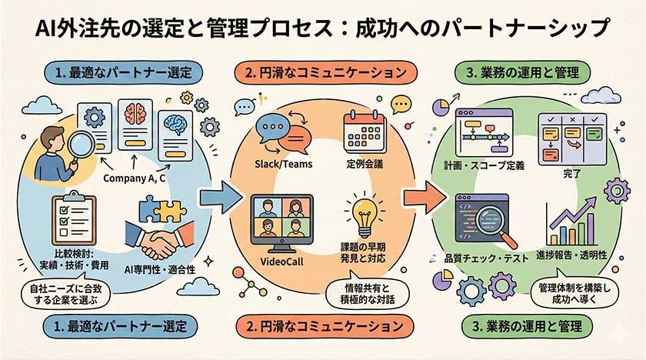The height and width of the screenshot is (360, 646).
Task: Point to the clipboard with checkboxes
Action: coord(75,218)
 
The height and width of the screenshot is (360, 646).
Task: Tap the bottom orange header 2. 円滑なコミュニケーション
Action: coord(321,325)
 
